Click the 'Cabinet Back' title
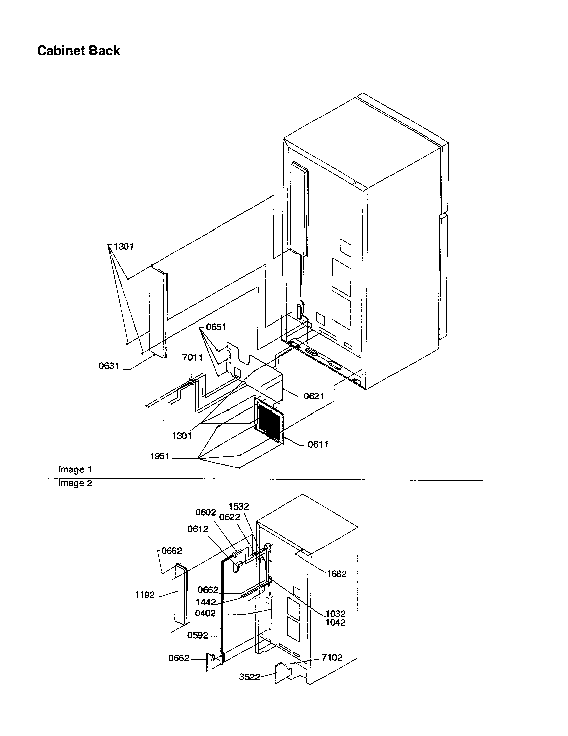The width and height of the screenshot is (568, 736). tap(78, 51)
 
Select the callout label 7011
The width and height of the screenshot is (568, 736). tap(192, 357)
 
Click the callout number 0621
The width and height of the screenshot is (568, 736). tap(314, 396)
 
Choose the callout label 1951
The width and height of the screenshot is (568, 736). tap(159, 456)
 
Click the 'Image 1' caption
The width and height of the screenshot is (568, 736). tap(75, 469)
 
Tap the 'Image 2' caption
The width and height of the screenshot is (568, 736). tap(75, 483)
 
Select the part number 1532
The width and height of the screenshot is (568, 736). tap(239, 506)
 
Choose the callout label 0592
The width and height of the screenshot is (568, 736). tap(198, 635)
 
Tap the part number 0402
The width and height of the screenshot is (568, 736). tap(205, 613)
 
